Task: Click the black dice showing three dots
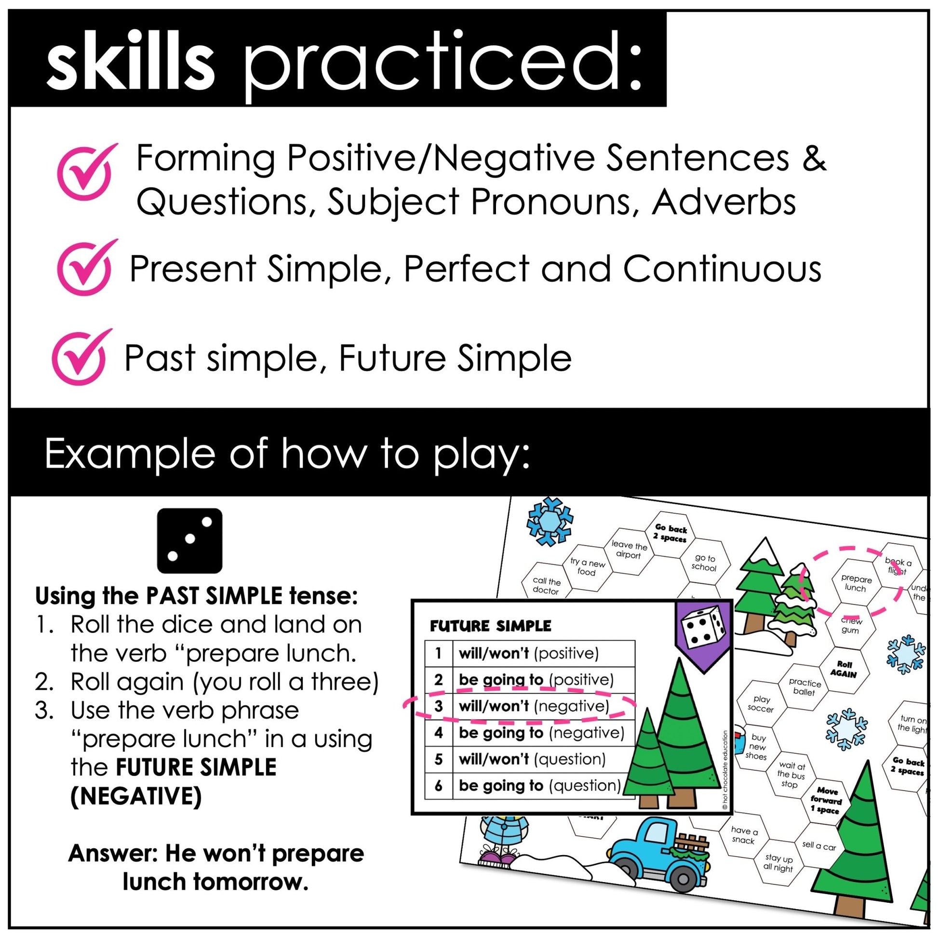pos(189,540)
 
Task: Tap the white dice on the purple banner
pos(705,627)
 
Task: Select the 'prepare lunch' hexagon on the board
pos(856,584)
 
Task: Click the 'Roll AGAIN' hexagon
pos(844,669)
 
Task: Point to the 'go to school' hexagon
pos(705,563)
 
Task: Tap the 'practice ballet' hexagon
pos(804,687)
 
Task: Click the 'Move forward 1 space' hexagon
pos(826,801)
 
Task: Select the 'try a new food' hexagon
pos(587,567)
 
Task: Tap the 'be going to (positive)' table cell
pos(536,680)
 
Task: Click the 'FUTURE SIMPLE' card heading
pos(490,626)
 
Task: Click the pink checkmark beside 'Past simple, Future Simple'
pos(80,357)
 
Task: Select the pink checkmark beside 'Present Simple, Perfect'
pos(85,268)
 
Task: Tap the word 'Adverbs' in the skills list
pos(723,201)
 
